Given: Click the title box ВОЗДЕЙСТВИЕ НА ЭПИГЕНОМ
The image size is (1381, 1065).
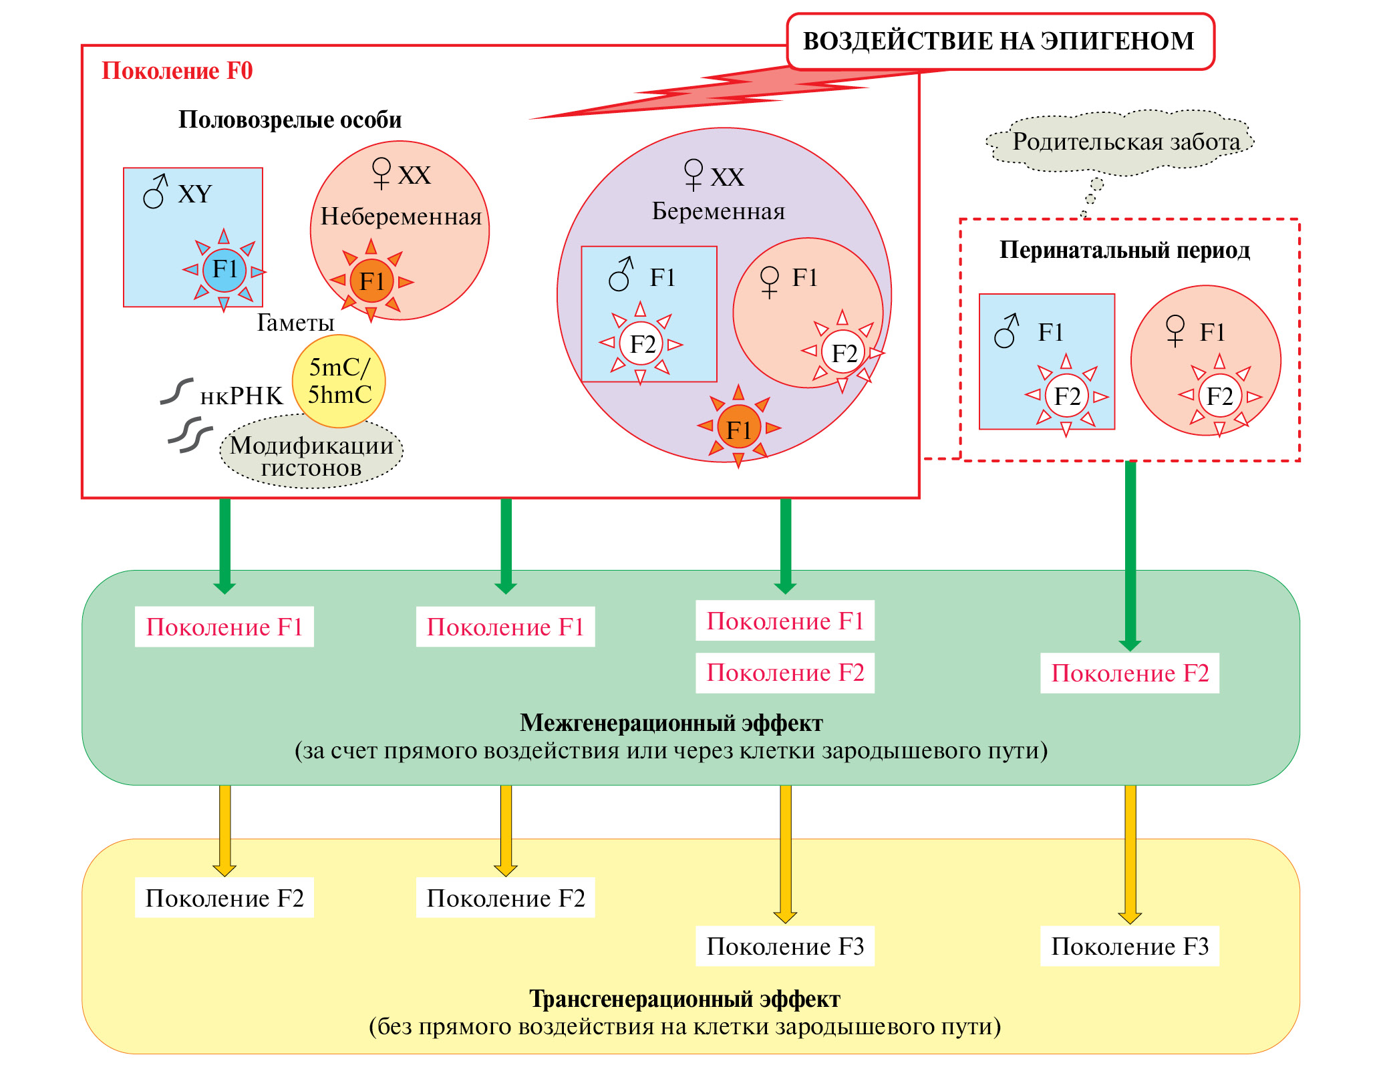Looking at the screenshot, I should tap(999, 41).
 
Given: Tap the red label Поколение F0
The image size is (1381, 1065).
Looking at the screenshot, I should tap(177, 71).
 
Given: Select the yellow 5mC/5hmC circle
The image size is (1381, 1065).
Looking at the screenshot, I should tap(339, 381).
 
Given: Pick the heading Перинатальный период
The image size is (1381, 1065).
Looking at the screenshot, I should tap(1124, 250).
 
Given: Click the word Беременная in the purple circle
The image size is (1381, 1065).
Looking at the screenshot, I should tap(718, 211).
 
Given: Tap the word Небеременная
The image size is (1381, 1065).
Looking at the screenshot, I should tap(401, 216).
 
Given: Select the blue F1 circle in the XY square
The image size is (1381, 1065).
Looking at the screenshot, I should tap(224, 270).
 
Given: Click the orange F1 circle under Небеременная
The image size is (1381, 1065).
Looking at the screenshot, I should tap(371, 281).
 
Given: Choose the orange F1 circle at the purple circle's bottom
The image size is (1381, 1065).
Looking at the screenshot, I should tap(738, 428).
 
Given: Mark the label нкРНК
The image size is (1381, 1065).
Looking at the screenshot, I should tap(241, 396).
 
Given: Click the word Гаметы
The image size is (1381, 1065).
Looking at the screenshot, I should tap(295, 323).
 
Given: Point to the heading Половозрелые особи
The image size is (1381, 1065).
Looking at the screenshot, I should tap(290, 120).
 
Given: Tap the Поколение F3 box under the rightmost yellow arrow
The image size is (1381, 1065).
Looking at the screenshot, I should tap(1129, 946).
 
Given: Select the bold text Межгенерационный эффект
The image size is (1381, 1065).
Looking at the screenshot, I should tap(671, 723).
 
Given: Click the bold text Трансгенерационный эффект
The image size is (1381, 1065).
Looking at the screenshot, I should tap(684, 999).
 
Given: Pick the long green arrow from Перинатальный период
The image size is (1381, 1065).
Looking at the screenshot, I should tap(1130, 555).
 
